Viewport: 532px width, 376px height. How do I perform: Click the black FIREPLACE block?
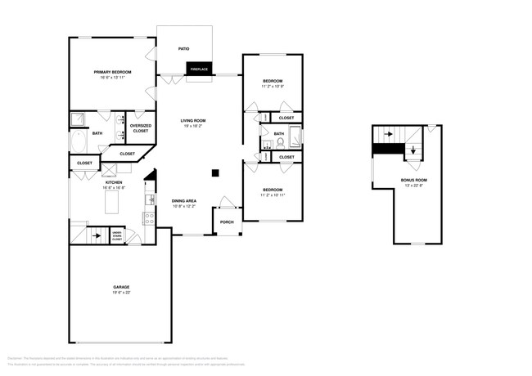click(199, 69)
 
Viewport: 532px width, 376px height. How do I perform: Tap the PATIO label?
click(184, 49)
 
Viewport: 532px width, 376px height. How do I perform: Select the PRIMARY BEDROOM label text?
click(112, 73)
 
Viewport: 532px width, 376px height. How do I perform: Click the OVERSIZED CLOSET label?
click(140, 128)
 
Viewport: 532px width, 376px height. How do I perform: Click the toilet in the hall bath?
click(279, 141)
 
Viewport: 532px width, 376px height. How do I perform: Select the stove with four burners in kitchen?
click(150, 217)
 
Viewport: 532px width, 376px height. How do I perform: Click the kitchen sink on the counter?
click(150, 199)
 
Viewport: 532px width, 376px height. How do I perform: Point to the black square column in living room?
click(214, 172)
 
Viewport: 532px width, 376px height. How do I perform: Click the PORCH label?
click(227, 222)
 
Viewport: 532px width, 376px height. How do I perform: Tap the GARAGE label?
click(121, 287)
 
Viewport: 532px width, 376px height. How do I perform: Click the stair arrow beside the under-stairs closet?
click(97, 236)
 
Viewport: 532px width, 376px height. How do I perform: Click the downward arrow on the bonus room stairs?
click(413, 150)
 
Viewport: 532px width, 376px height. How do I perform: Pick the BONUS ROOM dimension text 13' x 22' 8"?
click(413, 186)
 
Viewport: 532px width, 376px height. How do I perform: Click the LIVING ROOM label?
click(193, 121)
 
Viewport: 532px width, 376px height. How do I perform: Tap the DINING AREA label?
click(183, 200)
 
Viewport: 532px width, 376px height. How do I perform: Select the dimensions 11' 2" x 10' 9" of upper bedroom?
click(273, 87)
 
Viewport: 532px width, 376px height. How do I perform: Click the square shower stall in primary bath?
click(79, 120)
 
